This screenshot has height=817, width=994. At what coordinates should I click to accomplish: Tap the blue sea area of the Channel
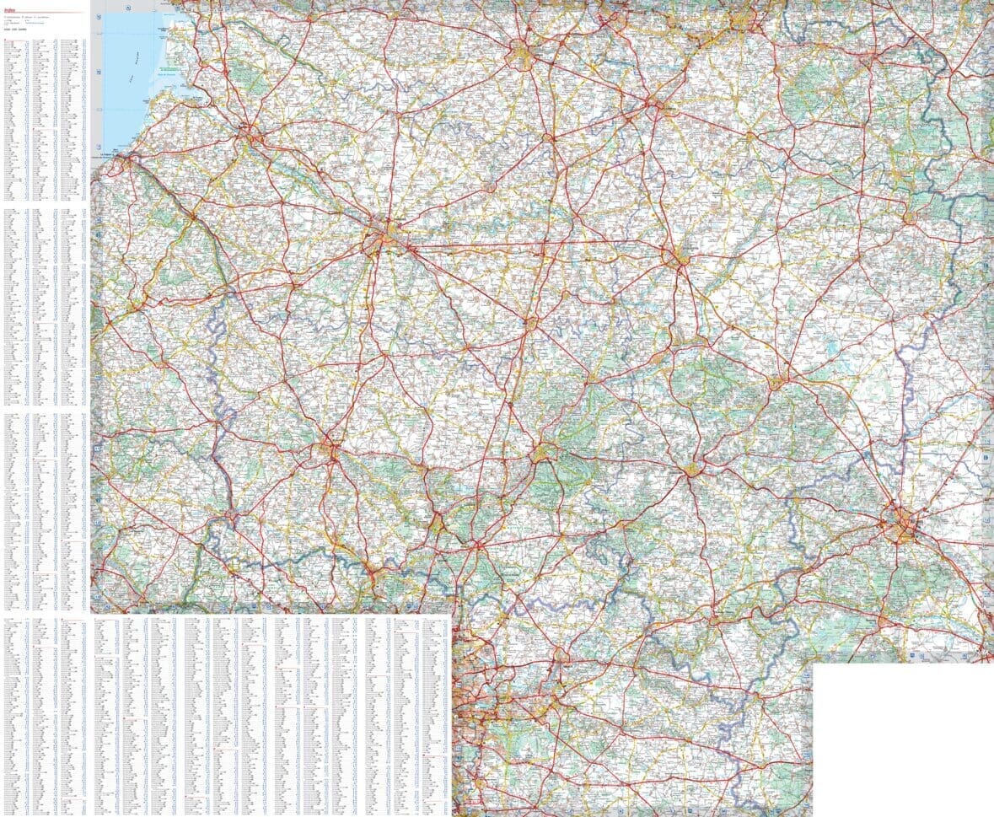126,67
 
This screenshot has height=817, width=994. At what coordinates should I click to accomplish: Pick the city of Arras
524,56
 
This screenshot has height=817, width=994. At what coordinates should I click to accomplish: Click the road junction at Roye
531,321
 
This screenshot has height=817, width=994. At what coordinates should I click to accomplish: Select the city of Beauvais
328,450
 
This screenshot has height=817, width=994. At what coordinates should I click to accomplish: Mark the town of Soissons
692,469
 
